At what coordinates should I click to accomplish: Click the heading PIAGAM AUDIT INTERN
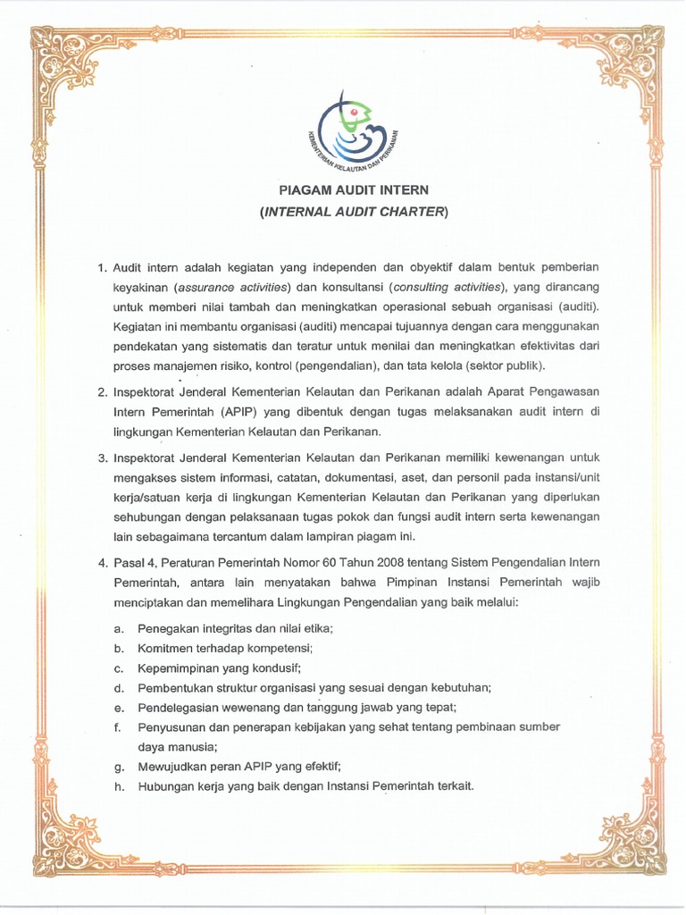(354, 189)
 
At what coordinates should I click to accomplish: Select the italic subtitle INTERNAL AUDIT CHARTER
(354, 212)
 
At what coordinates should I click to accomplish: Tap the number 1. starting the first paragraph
(102, 267)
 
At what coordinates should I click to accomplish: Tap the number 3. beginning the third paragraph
(102, 458)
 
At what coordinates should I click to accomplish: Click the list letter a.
(118, 629)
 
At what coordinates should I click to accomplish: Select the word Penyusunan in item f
(171, 727)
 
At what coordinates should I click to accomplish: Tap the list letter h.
(118, 786)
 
